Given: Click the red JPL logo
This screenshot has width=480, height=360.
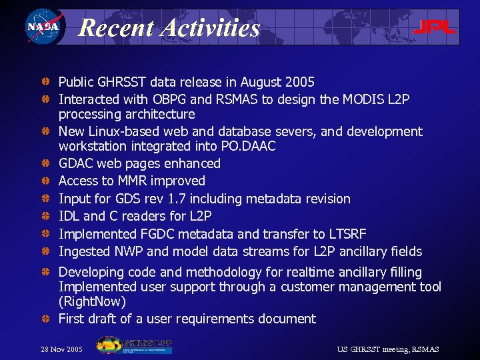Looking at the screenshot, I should coord(434,27).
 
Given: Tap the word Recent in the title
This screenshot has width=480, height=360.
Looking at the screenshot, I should coord(115,28).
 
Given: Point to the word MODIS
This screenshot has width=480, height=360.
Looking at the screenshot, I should coord(366,99).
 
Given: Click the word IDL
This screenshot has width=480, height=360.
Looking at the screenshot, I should coord(69,216).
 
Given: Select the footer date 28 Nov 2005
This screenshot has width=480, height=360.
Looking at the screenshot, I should coord(61,349).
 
